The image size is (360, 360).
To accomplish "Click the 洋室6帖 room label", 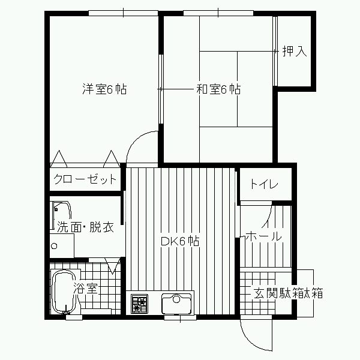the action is (x=104, y=89).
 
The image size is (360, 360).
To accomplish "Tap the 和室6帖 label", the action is (x=218, y=89).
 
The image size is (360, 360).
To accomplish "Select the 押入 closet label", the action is (x=295, y=51).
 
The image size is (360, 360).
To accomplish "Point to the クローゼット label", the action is (x=85, y=179).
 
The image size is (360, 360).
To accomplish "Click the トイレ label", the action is (x=264, y=184).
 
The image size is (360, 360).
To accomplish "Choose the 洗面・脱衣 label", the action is (x=85, y=227).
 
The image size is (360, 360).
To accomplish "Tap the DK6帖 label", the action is (x=180, y=241).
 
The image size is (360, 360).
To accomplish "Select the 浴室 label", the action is (x=86, y=289).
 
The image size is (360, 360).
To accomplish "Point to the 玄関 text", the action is (x=266, y=293).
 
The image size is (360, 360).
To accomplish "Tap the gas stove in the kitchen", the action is (x=139, y=304).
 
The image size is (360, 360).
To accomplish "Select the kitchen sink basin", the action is (x=176, y=304).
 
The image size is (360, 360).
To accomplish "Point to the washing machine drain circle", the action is (x=55, y=246).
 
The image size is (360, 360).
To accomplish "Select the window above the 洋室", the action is (x=123, y=13).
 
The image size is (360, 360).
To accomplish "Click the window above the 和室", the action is (x=218, y=13).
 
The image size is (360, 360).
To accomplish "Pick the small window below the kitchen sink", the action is (x=180, y=317).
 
